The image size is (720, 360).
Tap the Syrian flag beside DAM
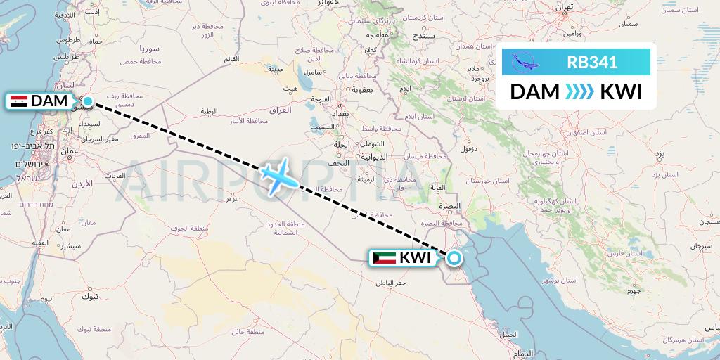point(19,101)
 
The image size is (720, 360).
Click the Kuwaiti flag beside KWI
point(384,258)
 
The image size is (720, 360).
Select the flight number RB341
point(592,62)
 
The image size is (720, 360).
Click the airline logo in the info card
point(526,62)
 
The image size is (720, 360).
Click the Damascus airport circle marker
point(87,101)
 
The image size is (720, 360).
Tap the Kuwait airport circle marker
point(454,258)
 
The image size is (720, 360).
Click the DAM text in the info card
point(534,92)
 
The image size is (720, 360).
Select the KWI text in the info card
point(621,92)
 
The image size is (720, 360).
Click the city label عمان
point(68,150)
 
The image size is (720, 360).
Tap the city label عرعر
point(232,199)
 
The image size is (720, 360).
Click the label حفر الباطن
point(391,283)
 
